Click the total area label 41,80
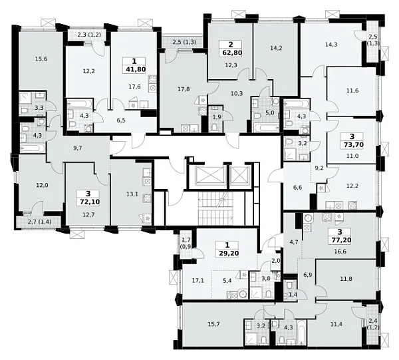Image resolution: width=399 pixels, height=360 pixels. tap(134, 69)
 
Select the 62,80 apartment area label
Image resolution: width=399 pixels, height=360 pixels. tap(231, 53)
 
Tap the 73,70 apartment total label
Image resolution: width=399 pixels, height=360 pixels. tap(353, 145)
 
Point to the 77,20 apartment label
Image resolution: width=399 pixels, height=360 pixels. tap(340, 240)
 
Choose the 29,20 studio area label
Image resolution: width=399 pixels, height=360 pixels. tap(227, 254)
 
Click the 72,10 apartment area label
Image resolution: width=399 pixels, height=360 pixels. tap(88, 202)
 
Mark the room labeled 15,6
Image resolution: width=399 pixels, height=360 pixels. tap(41, 59)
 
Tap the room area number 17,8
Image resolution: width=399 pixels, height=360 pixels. tap(184, 89)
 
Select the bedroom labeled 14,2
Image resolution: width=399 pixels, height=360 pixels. tap(276, 48)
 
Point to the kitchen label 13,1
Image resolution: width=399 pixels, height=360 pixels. tap(132, 194)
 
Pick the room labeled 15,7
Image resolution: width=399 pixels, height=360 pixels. tap(213, 324)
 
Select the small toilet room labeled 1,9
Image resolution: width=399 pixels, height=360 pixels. tap(215, 117)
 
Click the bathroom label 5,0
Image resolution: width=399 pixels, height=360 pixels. tap(270, 112)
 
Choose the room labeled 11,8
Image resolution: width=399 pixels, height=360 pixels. tap(346, 279)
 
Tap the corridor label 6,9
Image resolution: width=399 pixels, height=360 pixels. tap(308, 274)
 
